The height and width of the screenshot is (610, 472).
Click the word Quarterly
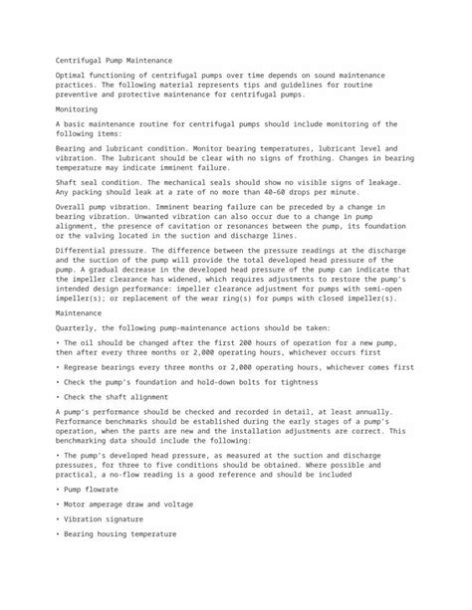click(77, 327)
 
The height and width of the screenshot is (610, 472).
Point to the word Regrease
click(81, 366)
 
